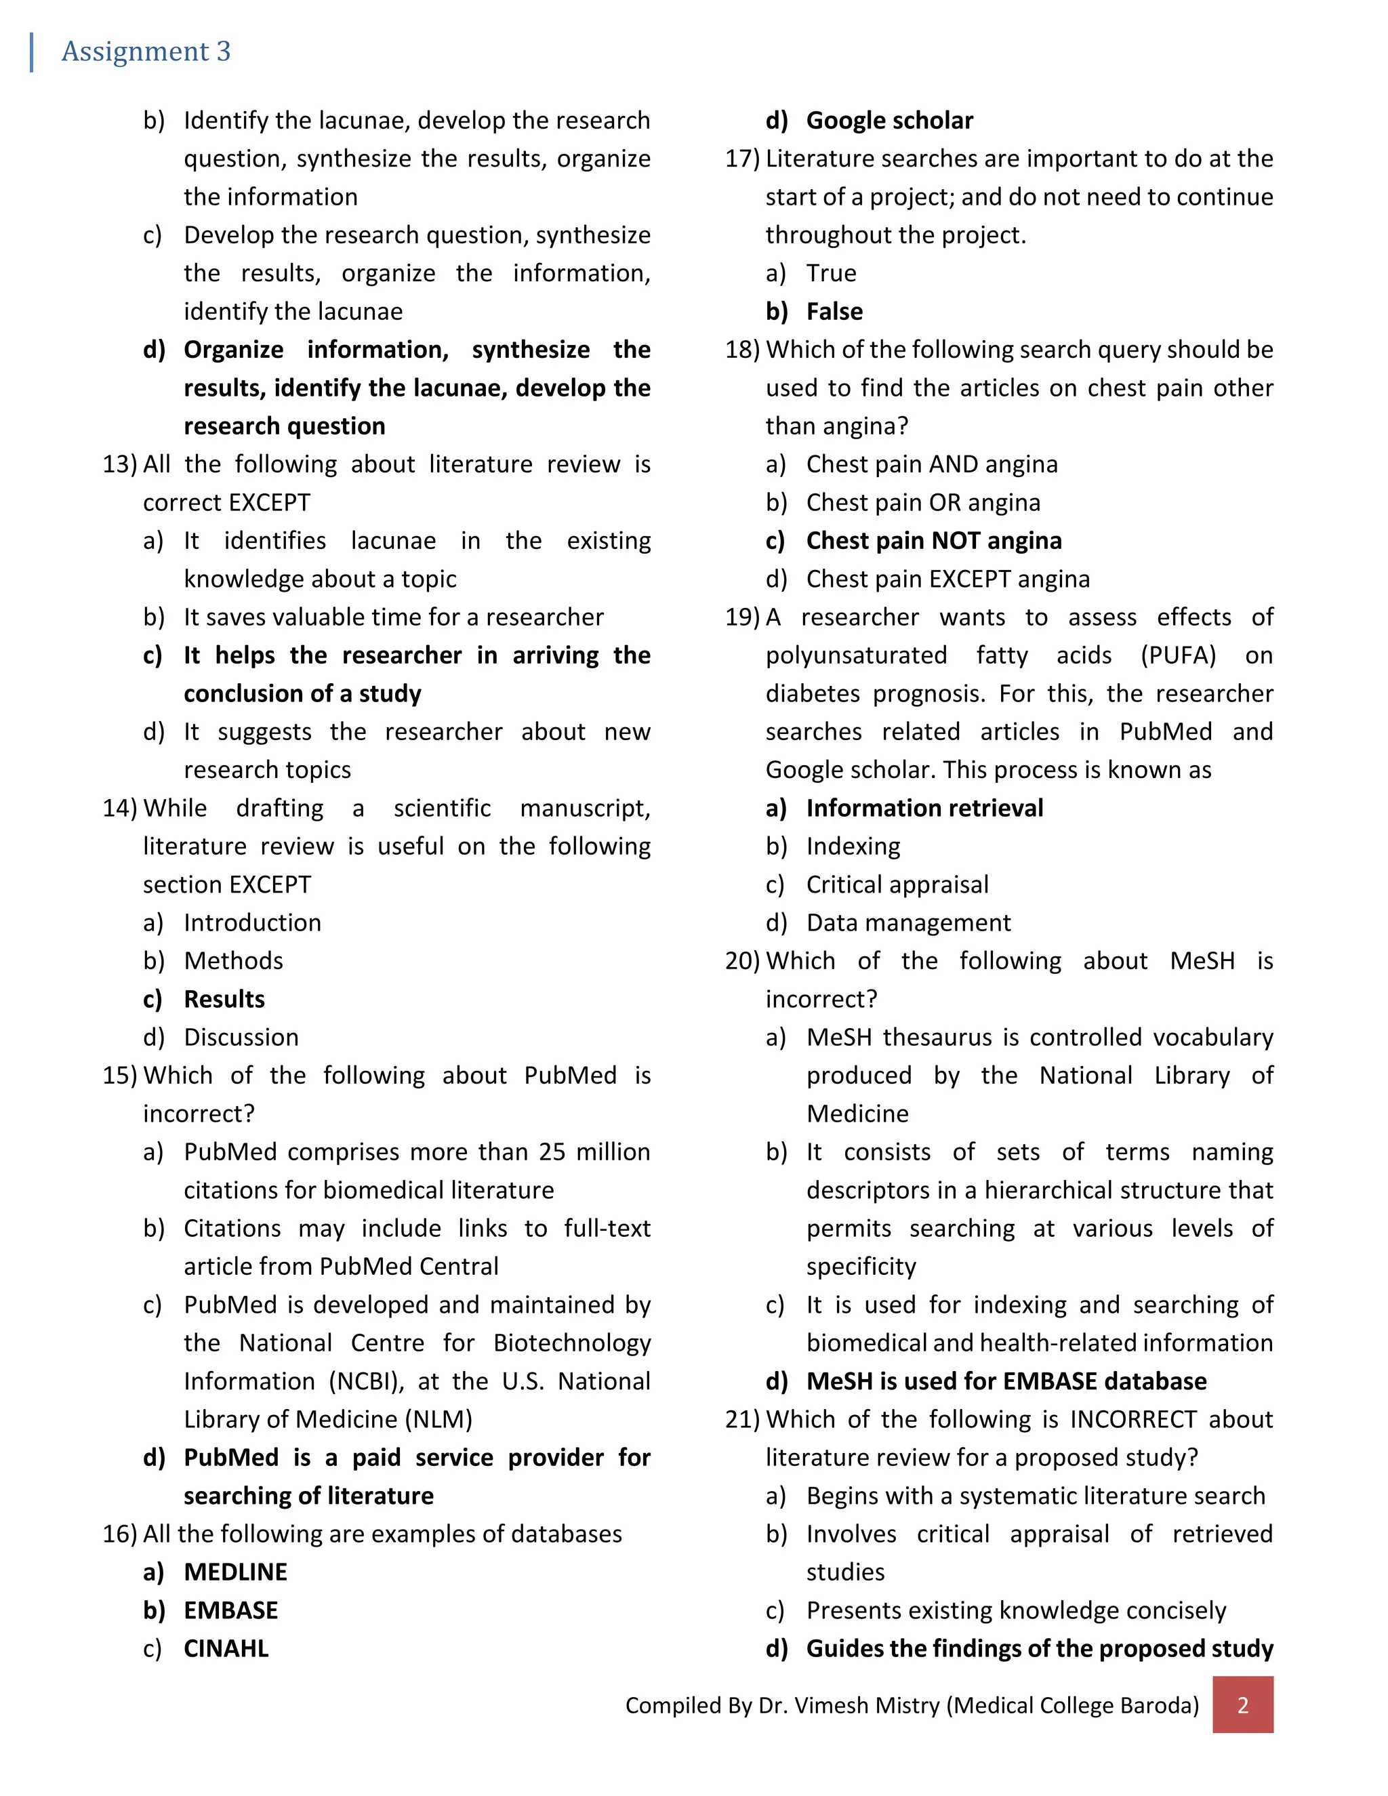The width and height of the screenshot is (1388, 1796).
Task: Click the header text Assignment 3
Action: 146,51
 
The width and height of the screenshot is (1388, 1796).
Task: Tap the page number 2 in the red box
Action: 1242,1705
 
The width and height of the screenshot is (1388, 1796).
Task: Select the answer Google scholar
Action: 889,121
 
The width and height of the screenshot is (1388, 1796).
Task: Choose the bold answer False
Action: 834,312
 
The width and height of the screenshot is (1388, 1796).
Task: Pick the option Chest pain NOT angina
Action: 933,540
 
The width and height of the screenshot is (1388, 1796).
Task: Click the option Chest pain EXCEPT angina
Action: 947,579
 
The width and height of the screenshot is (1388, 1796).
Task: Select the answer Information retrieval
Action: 924,808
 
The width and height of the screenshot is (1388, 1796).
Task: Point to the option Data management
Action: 907,922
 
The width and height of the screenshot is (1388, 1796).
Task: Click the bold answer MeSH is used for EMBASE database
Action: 1006,1381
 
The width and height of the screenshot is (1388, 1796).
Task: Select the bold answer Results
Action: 224,999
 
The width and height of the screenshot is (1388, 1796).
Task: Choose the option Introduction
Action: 251,922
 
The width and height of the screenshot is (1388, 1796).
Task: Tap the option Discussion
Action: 241,1037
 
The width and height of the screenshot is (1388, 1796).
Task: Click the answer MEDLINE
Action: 235,1572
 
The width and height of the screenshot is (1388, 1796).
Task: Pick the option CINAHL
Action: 226,1648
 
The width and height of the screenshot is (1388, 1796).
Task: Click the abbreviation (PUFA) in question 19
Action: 1177,655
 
